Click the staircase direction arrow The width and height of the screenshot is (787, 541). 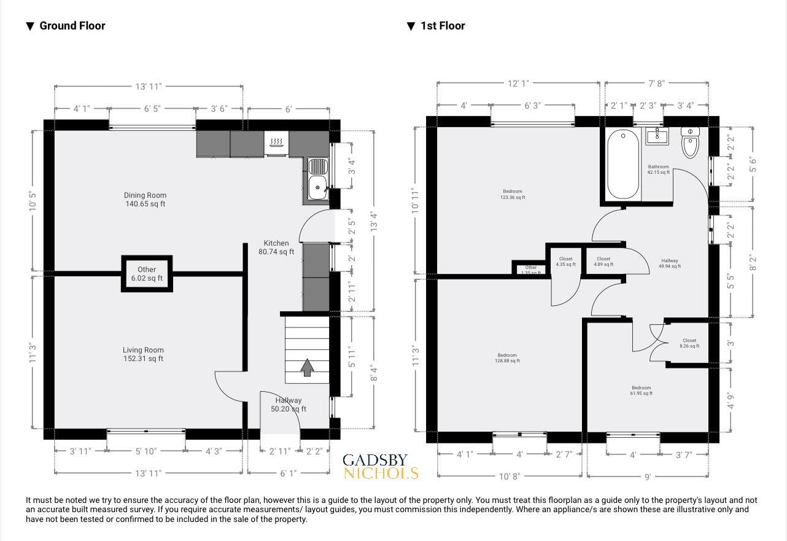pyautogui.click(x=307, y=367)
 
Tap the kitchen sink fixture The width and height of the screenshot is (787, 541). pyautogui.click(x=317, y=178)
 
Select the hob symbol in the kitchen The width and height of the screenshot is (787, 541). pyautogui.click(x=276, y=143)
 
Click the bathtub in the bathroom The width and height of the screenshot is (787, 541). pyautogui.click(x=623, y=165)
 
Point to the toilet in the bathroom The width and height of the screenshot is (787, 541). pyautogui.click(x=691, y=143)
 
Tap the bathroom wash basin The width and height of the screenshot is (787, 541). pyautogui.click(x=657, y=136)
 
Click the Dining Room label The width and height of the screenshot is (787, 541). pyautogui.click(x=145, y=200)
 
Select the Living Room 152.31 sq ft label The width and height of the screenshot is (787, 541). pyautogui.click(x=143, y=354)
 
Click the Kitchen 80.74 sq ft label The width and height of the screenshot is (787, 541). pyautogui.click(x=276, y=247)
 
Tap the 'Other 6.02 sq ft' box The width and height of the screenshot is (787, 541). pyautogui.click(x=147, y=274)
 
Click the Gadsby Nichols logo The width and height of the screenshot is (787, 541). pyautogui.click(x=380, y=466)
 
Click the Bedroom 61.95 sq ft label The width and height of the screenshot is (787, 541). pyautogui.click(x=641, y=391)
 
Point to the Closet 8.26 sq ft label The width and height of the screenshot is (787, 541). pyautogui.click(x=689, y=343)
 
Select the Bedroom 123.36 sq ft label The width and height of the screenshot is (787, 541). pyautogui.click(x=512, y=194)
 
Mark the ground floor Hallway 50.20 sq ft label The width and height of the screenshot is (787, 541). pyautogui.click(x=288, y=405)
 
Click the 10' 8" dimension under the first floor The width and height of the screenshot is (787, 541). pyautogui.click(x=509, y=477)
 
